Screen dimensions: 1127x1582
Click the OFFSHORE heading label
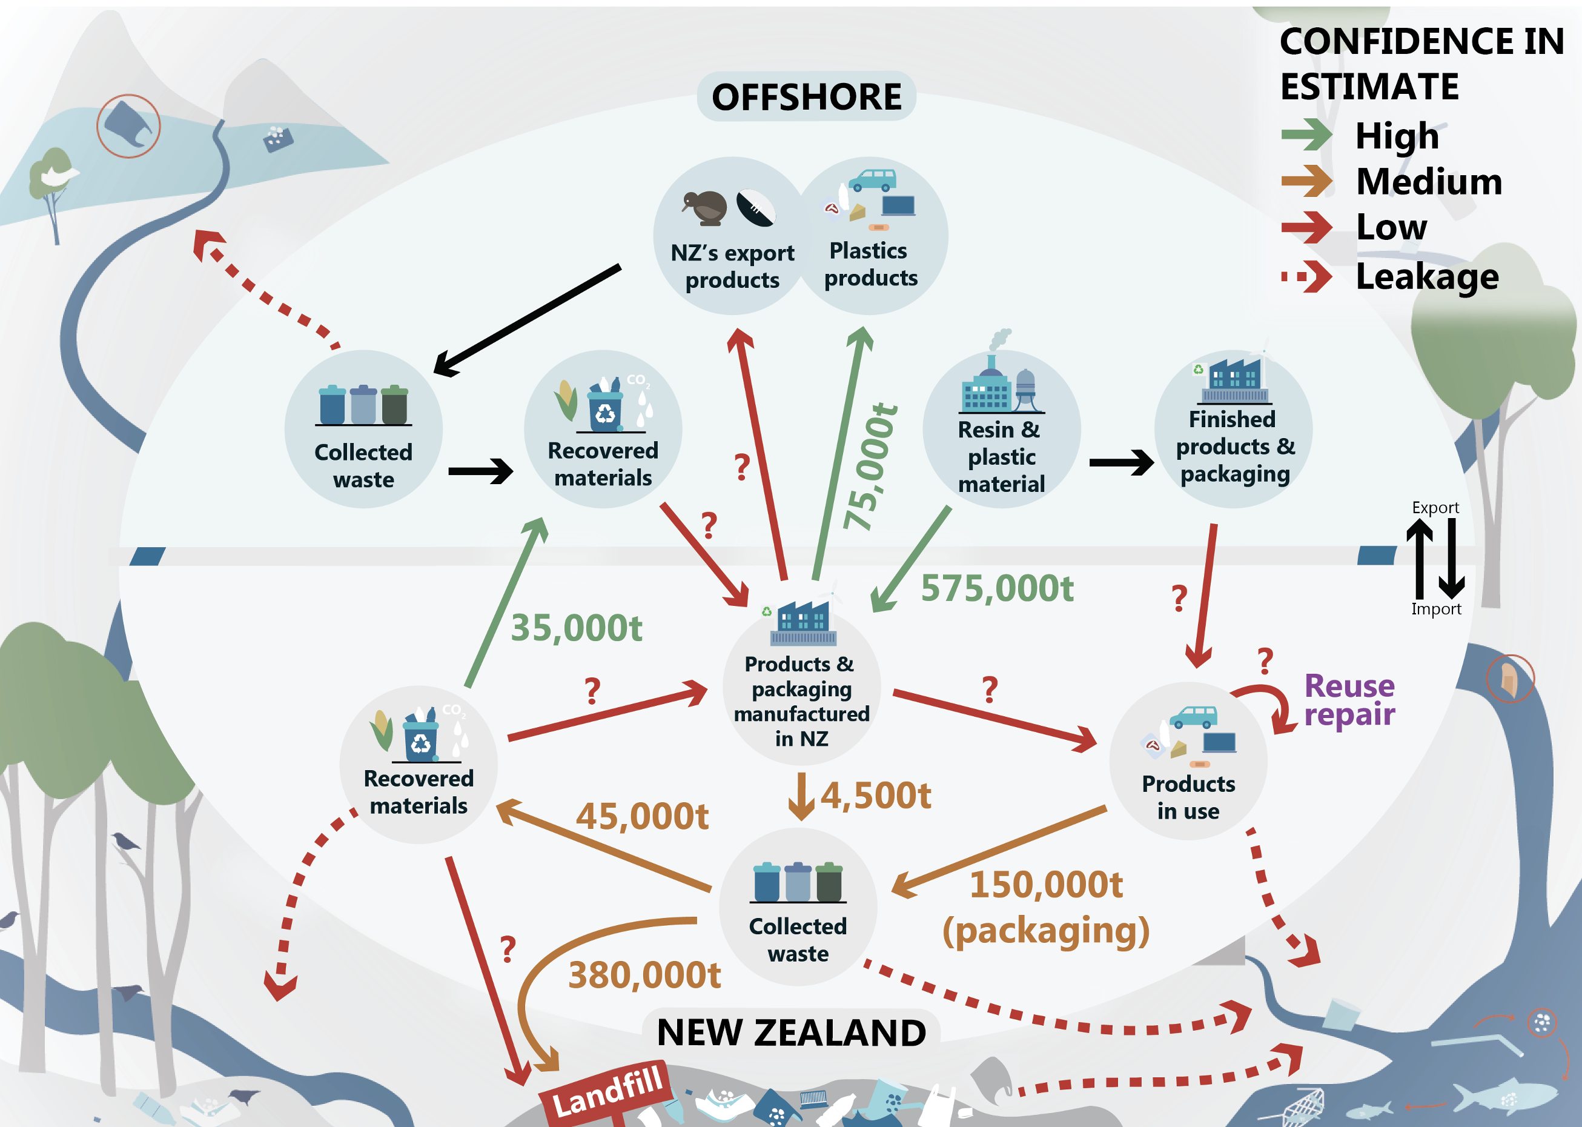click(x=806, y=96)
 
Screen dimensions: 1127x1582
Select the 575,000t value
click(x=997, y=588)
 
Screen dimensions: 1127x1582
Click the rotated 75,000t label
click(x=870, y=467)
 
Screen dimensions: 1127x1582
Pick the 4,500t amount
click(x=875, y=796)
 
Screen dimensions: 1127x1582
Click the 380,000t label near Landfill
click(x=644, y=975)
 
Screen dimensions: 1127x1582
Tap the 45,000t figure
click(x=641, y=816)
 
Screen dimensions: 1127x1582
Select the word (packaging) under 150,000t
click(x=1045, y=930)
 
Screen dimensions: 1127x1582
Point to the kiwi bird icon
click(x=706, y=207)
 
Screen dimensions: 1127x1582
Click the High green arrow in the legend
click(x=1306, y=135)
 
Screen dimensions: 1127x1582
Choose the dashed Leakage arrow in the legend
click(x=1306, y=276)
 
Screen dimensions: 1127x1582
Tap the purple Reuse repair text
click(x=1348, y=700)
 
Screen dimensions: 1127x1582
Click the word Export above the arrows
click(x=1434, y=507)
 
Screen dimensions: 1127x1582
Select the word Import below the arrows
click(x=1435, y=608)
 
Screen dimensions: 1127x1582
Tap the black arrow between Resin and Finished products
click(x=1119, y=462)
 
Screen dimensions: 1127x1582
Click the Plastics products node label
click(x=870, y=264)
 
